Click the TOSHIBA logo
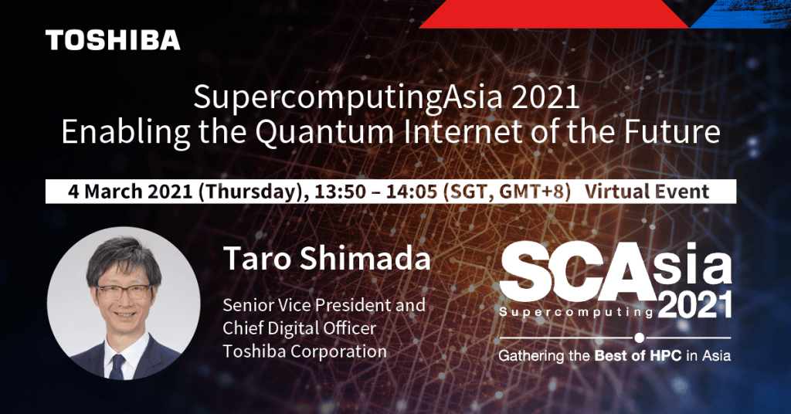coord(113,40)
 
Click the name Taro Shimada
coord(327,260)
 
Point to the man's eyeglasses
coord(125,291)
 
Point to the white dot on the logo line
coord(639,338)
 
